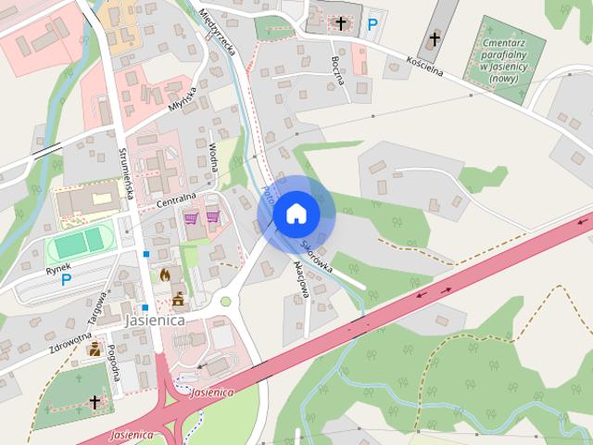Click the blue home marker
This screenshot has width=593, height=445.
tap(296, 213)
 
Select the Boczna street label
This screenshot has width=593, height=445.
tap(337, 70)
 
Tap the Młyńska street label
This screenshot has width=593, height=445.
tap(182, 99)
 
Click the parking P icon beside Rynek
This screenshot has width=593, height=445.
tap(67, 277)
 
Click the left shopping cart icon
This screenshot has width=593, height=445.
tap(192, 219)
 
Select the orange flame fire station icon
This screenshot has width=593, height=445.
tap(165, 274)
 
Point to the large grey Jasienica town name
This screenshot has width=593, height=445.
tap(154, 319)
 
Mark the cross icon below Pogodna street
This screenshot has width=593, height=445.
tap(95, 401)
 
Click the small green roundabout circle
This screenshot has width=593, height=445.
tap(225, 300)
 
